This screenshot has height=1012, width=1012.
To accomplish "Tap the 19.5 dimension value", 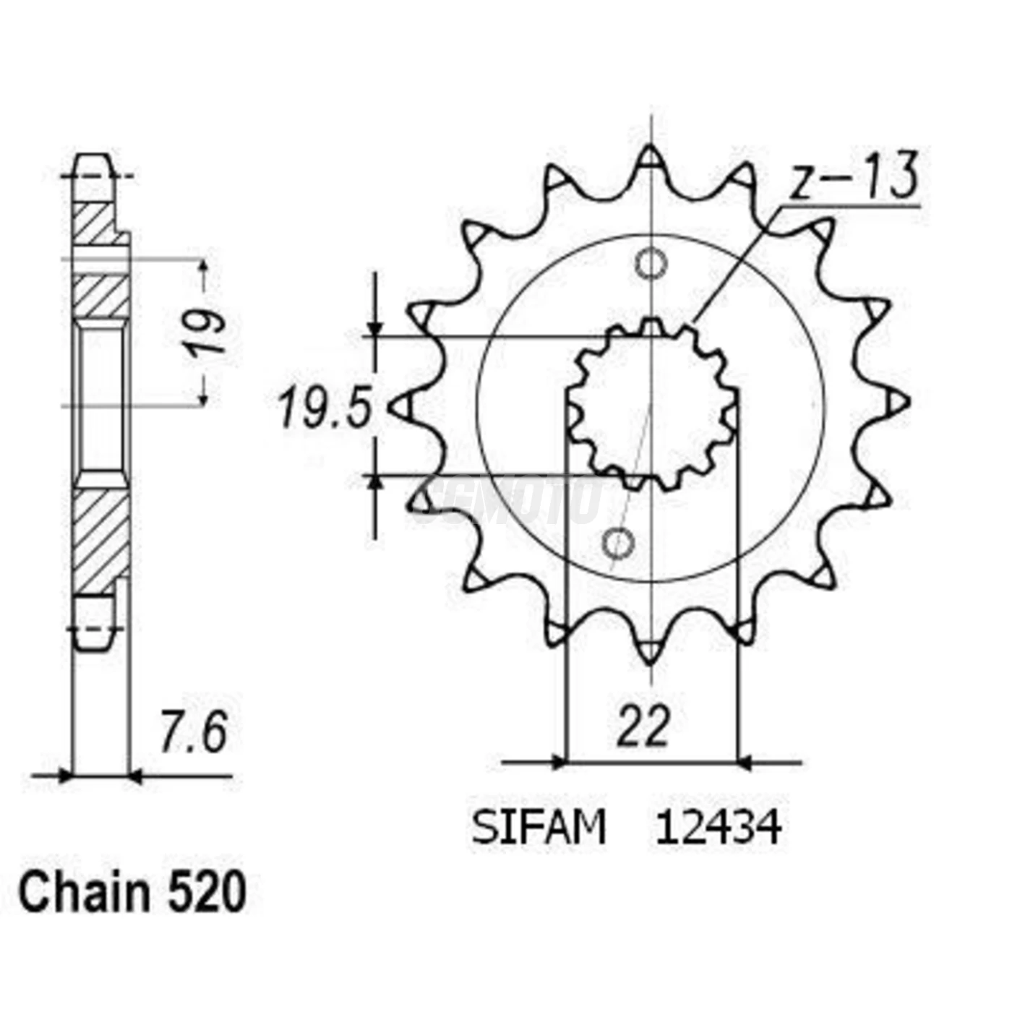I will (x=325, y=409).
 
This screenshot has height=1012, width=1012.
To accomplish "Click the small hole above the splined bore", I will (x=650, y=265).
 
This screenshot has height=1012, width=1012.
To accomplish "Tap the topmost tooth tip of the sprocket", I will (x=651, y=155).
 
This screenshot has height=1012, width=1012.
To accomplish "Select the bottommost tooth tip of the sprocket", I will (x=651, y=654).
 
